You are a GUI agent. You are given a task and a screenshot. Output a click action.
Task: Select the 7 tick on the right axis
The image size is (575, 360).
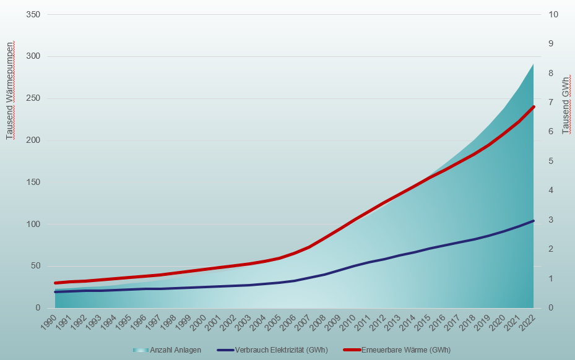pos(549,103)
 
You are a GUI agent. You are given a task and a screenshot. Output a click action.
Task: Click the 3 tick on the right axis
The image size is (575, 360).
pos(549,220)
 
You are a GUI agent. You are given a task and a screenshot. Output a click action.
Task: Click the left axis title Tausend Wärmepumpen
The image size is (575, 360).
pos(10,91)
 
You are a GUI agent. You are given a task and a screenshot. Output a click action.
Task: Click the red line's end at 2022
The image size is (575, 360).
pos(533,107)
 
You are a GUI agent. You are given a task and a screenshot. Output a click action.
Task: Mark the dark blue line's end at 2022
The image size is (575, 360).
pos(533,221)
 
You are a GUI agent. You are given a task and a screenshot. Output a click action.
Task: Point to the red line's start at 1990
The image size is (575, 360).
pos(55,283)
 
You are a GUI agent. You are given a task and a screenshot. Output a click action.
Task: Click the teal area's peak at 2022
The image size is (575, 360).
pos(533,64)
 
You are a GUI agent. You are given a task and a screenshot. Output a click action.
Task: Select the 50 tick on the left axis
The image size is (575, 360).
pos(35,266)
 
